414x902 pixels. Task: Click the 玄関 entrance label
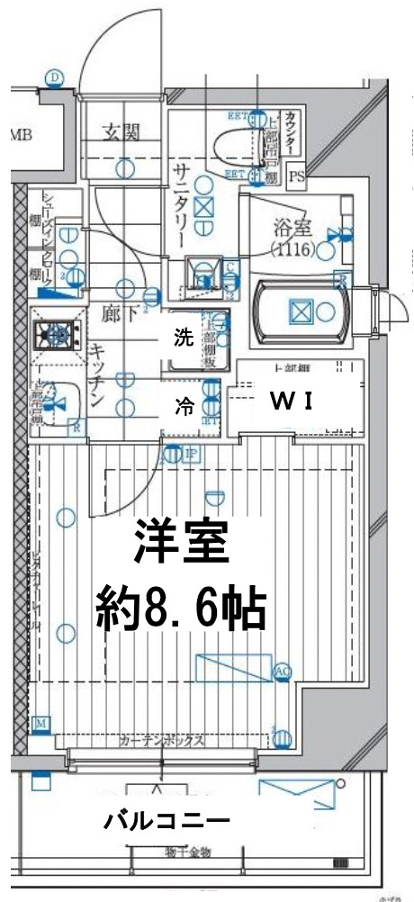coord(119,134)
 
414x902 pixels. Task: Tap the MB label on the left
coord(20,136)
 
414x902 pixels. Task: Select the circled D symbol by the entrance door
coord(55,78)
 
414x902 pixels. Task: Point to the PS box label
coord(296,177)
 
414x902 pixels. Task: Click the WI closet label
coord(292,401)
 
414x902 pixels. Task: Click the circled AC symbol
coord(282,672)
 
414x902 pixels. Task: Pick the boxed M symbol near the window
coord(40,724)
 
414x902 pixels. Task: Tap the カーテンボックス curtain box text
coord(162,742)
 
